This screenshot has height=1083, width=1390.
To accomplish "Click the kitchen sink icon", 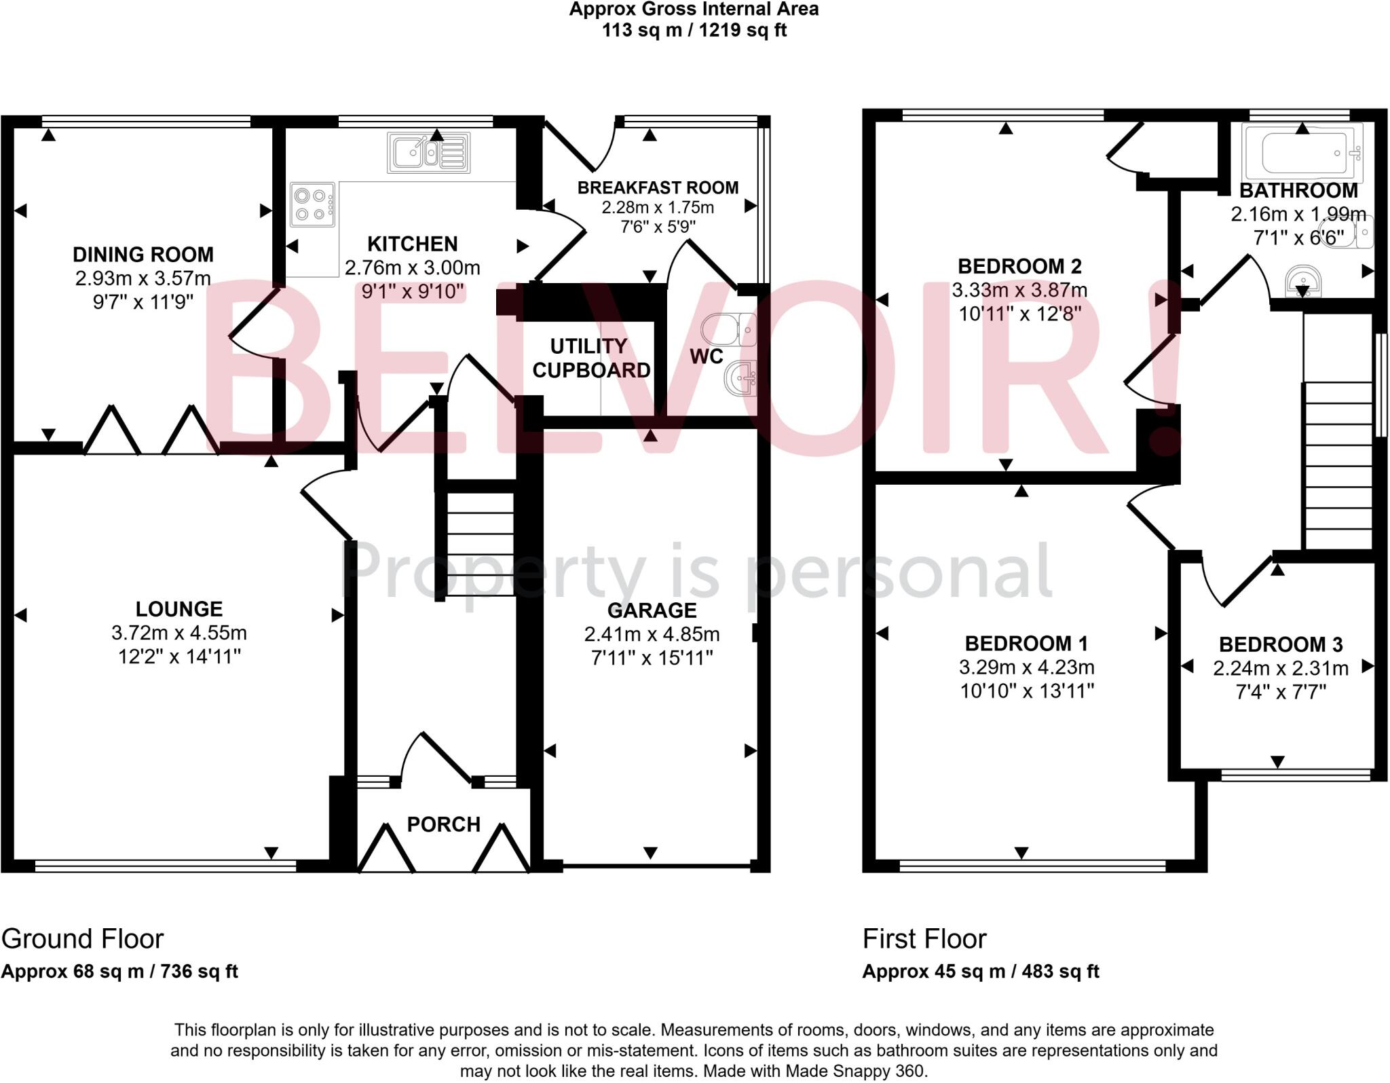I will [x=428, y=153].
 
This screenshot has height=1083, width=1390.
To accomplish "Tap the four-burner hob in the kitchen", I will [x=312, y=204].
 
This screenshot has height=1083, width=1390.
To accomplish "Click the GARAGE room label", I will [x=652, y=610].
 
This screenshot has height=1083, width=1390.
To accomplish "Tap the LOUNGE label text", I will [x=179, y=609].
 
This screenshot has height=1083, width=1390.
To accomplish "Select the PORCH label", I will [x=443, y=824].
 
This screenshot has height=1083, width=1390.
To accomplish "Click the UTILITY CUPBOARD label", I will [x=590, y=359].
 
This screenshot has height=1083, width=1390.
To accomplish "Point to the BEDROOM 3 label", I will [x=1280, y=644].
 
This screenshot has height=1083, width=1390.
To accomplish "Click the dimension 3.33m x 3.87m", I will [x=1019, y=291].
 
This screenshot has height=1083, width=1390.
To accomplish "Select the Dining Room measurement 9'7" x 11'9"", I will [x=143, y=301].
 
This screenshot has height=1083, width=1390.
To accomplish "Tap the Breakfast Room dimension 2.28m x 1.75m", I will [x=658, y=207].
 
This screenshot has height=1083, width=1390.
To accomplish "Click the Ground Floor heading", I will [x=83, y=939].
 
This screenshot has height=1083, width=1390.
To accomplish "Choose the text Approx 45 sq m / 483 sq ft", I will [x=980, y=972].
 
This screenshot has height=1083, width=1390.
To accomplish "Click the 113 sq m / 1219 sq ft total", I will [x=694, y=31].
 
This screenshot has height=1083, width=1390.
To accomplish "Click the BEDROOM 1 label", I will [x=1026, y=643].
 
